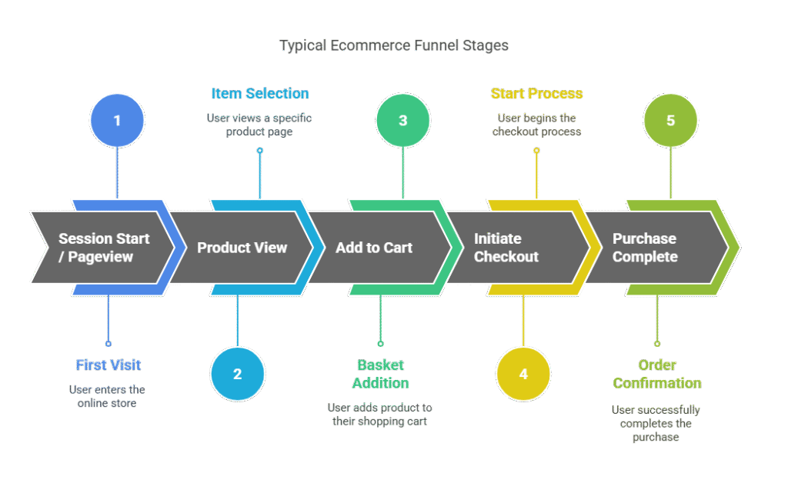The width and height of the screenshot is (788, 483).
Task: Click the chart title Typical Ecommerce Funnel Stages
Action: [393, 45]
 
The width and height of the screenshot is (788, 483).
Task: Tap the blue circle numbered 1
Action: [117, 121]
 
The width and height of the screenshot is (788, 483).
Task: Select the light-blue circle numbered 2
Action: [237, 375]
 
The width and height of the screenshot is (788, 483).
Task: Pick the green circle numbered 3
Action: [402, 121]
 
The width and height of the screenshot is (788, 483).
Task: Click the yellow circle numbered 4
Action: [523, 375]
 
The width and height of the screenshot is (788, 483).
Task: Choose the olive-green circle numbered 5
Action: [670, 121]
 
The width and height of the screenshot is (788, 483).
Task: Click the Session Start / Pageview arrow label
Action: [104, 248]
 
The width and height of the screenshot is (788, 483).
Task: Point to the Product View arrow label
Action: [242, 248]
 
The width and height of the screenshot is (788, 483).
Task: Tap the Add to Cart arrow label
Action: [374, 248]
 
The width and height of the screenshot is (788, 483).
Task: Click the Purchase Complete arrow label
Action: [644, 248]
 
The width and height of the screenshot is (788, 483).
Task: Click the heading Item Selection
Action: [260, 94]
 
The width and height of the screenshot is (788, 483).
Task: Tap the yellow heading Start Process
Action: [536, 94]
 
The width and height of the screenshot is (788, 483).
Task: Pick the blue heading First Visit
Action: [108, 365]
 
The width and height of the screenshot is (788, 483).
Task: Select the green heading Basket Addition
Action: [380, 374]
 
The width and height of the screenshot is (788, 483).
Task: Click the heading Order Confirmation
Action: [656, 374]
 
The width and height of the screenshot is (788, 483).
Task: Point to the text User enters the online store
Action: [107, 397]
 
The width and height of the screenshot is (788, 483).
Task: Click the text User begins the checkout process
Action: [536, 125]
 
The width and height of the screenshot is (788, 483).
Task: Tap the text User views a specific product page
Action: [260, 125]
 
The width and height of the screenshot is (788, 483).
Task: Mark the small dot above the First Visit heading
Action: [108, 344]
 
